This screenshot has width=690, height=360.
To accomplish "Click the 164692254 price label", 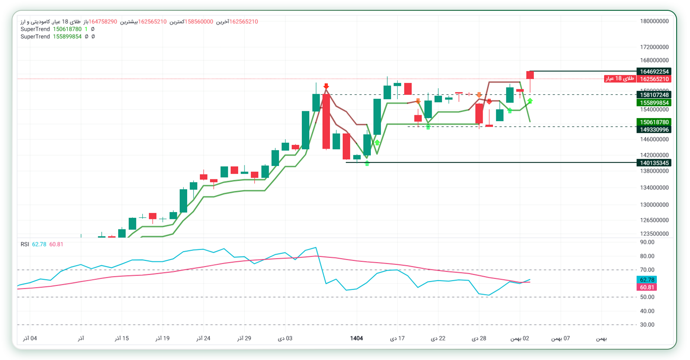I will tap(654, 72).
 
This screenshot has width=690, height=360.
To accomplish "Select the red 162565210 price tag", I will tap(654, 79).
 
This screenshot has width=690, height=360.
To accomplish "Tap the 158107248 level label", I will tap(654, 95).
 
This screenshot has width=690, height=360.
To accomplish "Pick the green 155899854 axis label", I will tap(654, 103).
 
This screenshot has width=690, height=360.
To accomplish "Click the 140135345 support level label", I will tap(654, 163).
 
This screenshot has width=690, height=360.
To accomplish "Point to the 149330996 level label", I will tap(654, 129).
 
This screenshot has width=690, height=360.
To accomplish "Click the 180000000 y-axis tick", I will tap(654, 21).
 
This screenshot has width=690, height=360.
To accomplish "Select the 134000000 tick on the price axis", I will tap(654, 188).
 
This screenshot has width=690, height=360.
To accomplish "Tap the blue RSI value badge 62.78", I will tap(647, 280).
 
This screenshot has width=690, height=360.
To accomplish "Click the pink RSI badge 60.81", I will tap(647, 287).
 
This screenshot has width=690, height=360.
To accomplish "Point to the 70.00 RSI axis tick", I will tap(647, 270).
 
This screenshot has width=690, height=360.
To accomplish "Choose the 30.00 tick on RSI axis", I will tap(647, 325).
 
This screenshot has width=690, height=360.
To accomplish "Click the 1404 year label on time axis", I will tap(356, 338).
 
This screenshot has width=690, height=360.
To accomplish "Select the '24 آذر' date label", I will tap(203, 338).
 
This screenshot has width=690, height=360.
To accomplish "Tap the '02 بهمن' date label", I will tap(520, 338).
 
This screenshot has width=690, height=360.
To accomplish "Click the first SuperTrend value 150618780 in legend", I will tap(67, 29).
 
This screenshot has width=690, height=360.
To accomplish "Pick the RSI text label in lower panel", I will tap(25, 244).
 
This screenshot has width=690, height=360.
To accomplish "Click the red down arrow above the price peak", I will tap(326, 86).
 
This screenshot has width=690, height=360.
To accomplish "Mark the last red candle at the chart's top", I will tap(530, 75).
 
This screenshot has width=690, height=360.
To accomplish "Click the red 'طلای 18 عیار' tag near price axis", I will tap(620, 78).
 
